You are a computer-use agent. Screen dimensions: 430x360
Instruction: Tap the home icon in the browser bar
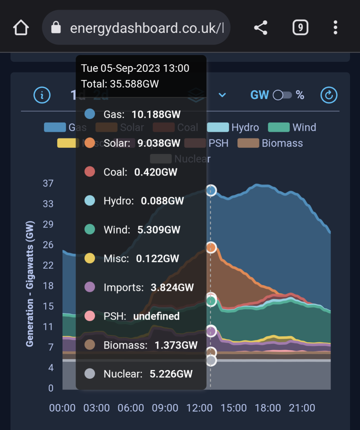tap(21, 27)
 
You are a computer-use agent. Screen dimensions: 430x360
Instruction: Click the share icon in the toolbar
tap(261, 27)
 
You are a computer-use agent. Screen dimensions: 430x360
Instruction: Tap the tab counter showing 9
tap(300, 27)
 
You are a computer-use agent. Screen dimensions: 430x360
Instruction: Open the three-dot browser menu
tap(335, 27)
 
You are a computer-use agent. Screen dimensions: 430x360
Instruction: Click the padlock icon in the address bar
tap(56, 27)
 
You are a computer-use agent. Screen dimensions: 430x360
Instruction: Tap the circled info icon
tap(42, 95)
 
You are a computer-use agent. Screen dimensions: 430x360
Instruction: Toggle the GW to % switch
tap(282, 95)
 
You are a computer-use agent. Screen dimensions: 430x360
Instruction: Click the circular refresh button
tap(329, 95)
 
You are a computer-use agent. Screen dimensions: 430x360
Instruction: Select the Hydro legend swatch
tap(218, 127)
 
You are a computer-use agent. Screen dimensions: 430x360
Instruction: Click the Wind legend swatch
tap(279, 127)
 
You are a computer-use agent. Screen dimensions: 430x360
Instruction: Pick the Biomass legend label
tap(282, 143)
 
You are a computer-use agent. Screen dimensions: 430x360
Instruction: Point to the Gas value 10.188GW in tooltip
tap(156, 115)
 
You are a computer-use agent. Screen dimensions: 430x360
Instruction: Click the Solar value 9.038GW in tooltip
tap(159, 143)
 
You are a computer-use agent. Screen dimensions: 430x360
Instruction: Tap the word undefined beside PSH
tap(156, 316)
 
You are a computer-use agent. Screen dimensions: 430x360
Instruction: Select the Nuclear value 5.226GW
tap(171, 374)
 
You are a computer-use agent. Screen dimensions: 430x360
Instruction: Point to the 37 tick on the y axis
tap(48, 183)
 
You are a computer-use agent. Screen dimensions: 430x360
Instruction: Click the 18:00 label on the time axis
tap(268, 408)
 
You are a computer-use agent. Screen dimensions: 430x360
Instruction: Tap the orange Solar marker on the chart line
tap(211, 247)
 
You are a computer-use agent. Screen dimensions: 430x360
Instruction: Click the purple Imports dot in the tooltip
tap(90, 287)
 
